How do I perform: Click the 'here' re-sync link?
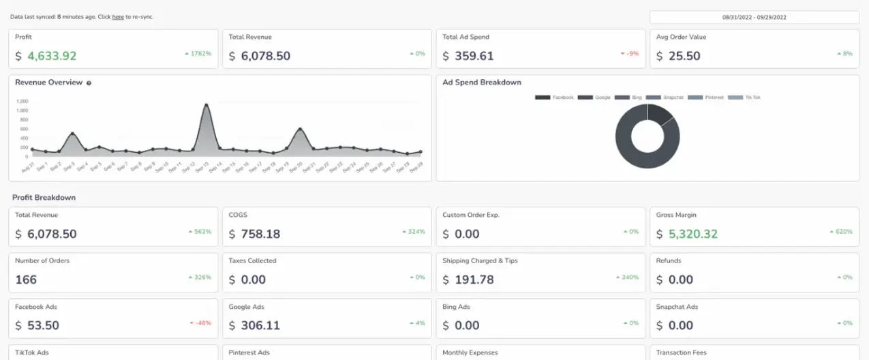[118, 16]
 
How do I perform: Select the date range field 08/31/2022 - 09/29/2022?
[754, 17]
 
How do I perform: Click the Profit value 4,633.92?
[52, 56]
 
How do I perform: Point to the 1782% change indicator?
[198, 53]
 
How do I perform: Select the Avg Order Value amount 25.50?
[684, 56]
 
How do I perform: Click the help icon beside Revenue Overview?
[89, 83]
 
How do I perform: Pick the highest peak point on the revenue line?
[206, 105]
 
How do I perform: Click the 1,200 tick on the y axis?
[22, 101]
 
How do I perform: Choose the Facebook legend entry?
[554, 97]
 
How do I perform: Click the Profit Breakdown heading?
[44, 198]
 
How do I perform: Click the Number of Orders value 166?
[26, 280]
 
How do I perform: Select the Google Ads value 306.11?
[260, 325]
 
